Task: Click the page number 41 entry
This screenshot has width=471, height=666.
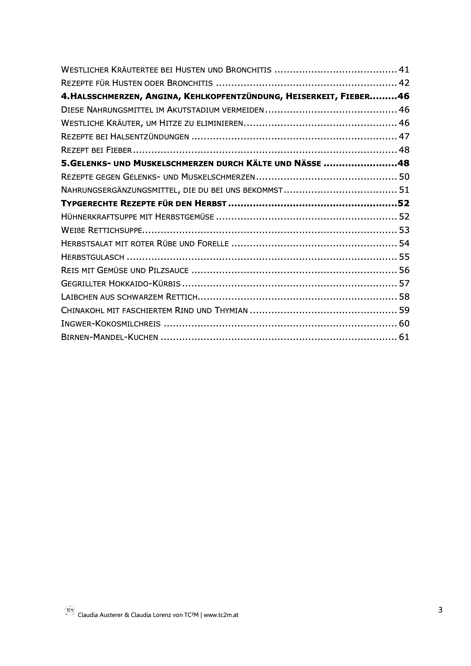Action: point(404,70)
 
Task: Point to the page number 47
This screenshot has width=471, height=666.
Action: point(404,136)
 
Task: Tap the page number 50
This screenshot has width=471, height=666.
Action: point(404,177)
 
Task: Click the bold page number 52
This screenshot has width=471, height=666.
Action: point(403,203)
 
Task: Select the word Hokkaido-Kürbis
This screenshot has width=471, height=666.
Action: point(145,284)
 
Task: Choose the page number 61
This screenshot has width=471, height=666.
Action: point(404,337)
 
